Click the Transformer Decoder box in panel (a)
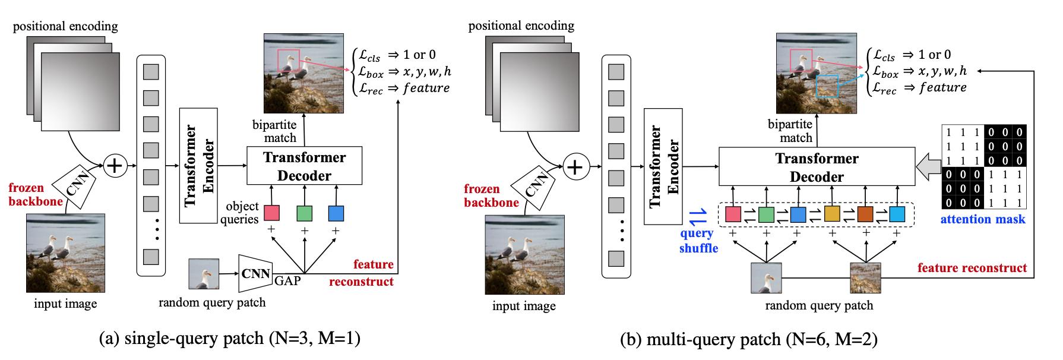[304, 166]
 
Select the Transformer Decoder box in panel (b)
[817, 168]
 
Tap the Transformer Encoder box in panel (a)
[198, 166]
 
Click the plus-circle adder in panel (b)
[574, 168]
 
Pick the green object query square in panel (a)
[304, 213]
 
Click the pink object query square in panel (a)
[272, 213]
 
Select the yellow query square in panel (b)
[833, 214]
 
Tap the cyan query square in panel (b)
[897, 214]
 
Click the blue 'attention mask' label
[983, 219]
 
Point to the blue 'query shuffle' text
[698, 241]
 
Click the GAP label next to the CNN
[287, 280]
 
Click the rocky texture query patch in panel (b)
[865, 277]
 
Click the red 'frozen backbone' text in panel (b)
[491, 195]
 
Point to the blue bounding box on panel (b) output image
[827, 86]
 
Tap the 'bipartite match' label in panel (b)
[790, 131]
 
